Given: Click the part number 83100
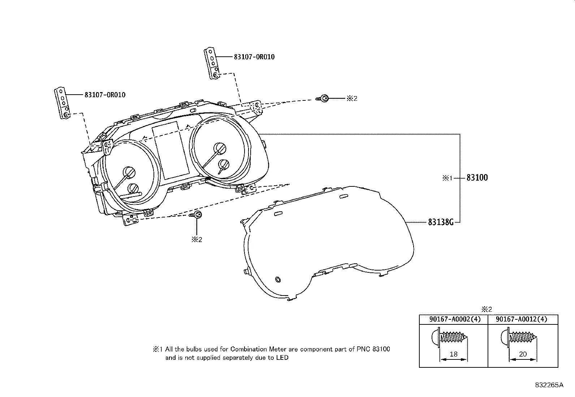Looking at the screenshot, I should (x=477, y=178).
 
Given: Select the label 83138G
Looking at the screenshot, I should (x=441, y=222).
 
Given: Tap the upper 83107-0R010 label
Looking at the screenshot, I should (x=254, y=57).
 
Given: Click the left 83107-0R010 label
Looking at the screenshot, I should (x=105, y=95).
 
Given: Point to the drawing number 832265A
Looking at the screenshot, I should (x=549, y=385).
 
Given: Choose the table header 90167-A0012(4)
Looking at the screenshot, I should (x=522, y=319).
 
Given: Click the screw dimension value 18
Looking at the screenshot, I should (x=453, y=354).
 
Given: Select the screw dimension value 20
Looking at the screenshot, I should (x=523, y=354).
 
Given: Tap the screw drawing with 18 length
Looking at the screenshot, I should (x=449, y=338).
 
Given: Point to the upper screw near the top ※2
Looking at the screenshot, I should (x=323, y=98).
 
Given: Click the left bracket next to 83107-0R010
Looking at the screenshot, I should (x=62, y=103).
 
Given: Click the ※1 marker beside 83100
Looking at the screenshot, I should (x=448, y=178).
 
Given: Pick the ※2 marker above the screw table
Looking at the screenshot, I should (x=487, y=309).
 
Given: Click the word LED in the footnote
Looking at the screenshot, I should (x=282, y=358).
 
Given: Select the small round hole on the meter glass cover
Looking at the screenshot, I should (x=278, y=279).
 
